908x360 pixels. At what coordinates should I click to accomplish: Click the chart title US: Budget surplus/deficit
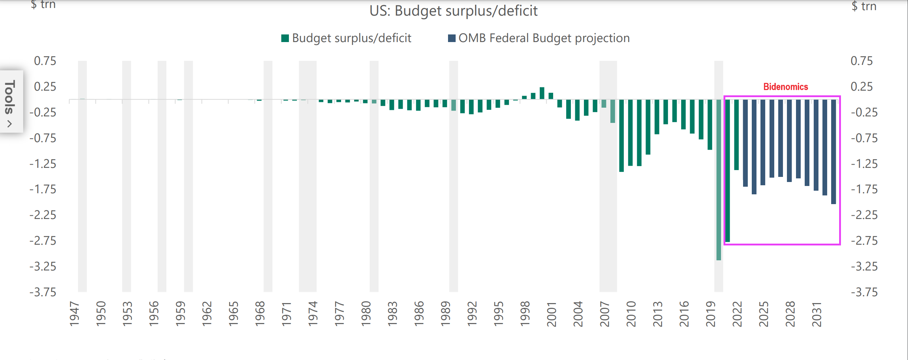tap(453, 11)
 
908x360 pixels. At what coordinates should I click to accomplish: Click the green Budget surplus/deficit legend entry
tap(346, 38)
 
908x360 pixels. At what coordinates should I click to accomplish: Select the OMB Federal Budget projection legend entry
tap(539, 38)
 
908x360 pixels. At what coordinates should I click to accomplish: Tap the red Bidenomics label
tap(785, 87)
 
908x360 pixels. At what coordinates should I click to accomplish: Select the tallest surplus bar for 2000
tap(542, 93)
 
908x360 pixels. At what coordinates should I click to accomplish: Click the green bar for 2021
tap(727, 170)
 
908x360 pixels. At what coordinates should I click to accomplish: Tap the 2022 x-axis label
tap(737, 314)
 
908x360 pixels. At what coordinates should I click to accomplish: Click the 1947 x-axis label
tap(74, 314)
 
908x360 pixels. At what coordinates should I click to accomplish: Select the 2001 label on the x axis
tap(551, 314)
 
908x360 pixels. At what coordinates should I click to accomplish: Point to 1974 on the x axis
tap(313, 314)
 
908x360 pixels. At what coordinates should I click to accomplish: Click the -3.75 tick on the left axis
tap(43, 292)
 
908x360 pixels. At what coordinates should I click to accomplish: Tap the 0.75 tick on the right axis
tap(862, 61)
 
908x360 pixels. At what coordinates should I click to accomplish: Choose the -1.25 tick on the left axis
tap(43, 164)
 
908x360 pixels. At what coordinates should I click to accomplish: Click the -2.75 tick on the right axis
tap(864, 241)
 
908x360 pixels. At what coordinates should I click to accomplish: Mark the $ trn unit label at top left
tap(43, 5)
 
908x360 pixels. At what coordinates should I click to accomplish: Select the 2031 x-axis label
tap(817, 314)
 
